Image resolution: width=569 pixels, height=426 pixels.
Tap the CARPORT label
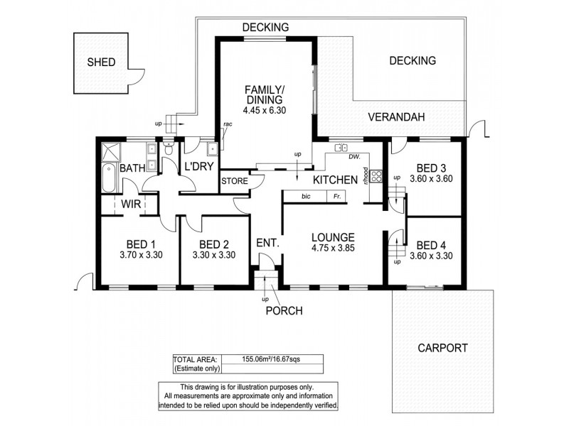442,348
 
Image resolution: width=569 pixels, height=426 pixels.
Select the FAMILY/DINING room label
264,94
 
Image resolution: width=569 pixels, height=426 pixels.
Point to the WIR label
129,204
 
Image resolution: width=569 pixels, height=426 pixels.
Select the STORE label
234,181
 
